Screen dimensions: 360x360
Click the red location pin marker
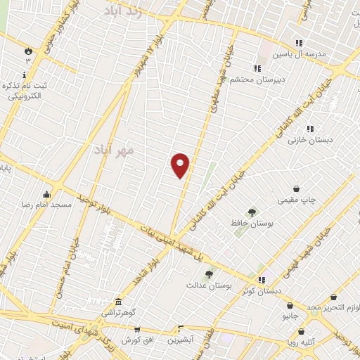pyautogui.click(x=181, y=165)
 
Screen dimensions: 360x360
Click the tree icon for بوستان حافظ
pyautogui.click(x=251, y=212)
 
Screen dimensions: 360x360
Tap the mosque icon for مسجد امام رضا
pyautogui.click(x=46, y=194)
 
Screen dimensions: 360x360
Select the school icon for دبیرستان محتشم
pyautogui.click(x=257, y=68)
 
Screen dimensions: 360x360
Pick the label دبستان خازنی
pyautogui.click(x=305, y=141)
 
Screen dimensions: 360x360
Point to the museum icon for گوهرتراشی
pyautogui.click(x=118, y=301)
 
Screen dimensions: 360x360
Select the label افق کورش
pyautogui.click(x=137, y=340)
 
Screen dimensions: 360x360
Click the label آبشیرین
pyautogui.click(x=181, y=340)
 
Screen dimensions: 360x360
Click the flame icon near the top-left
pyautogui.click(x=27, y=51)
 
